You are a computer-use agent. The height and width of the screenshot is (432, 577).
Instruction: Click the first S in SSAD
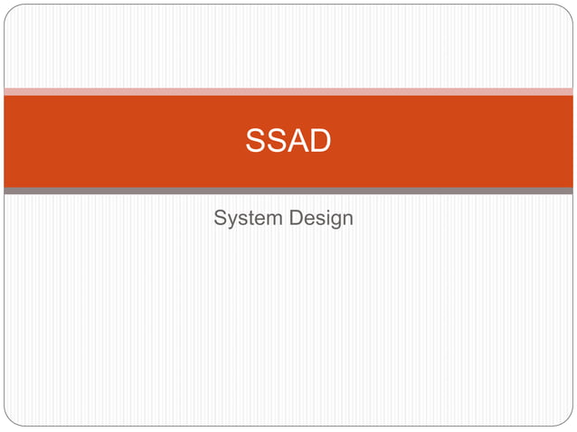[256, 142]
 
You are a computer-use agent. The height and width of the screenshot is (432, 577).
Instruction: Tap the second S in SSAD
[276, 142]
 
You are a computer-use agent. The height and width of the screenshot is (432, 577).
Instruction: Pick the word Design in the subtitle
[323, 220]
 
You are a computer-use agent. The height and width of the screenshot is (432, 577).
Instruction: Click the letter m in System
[274, 221]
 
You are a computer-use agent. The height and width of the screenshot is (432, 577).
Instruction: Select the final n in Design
[347, 221]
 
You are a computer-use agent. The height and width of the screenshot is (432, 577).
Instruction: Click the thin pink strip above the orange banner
[288, 91]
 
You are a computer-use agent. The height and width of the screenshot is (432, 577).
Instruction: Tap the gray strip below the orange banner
[288, 191]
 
